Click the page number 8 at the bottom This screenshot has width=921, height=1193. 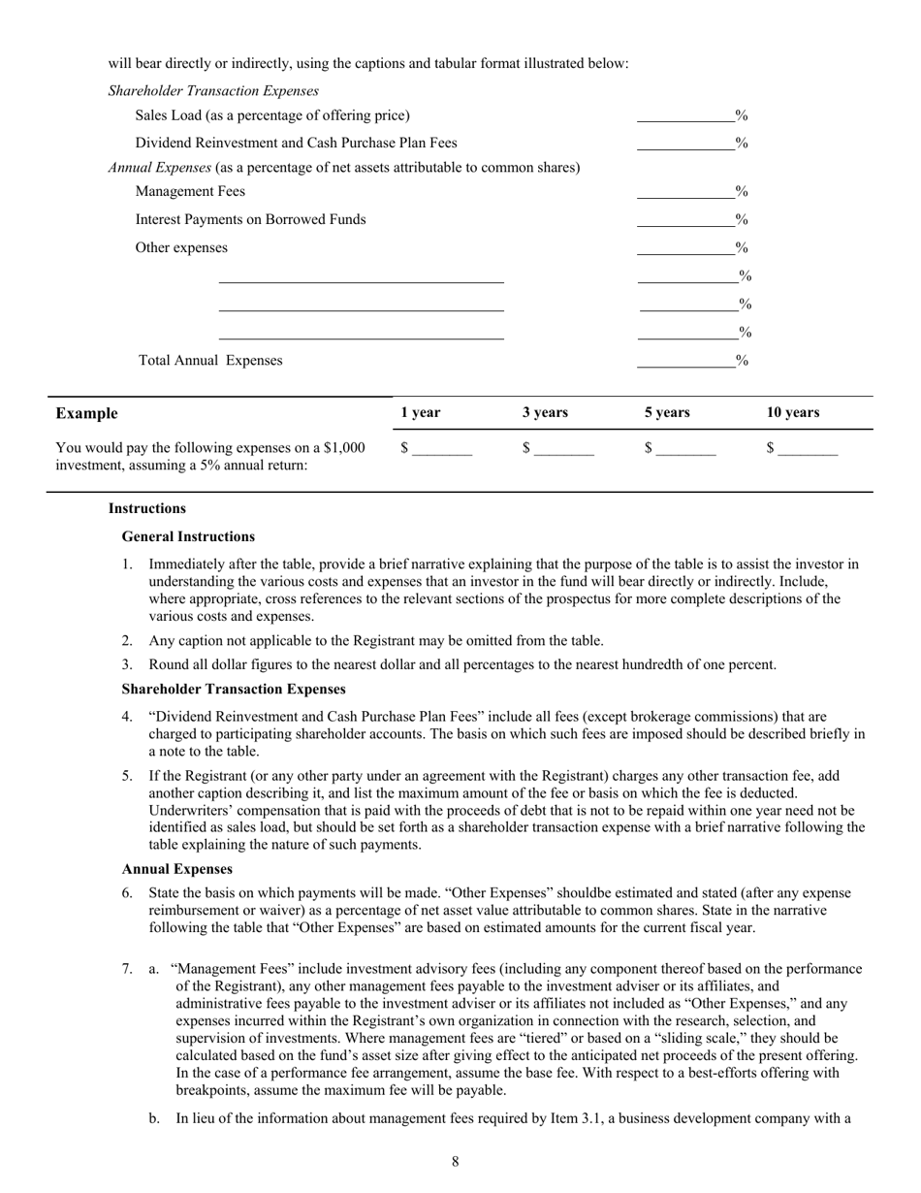tap(455, 1161)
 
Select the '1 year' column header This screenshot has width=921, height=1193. tap(420, 412)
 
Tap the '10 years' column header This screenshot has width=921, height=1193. tap(792, 412)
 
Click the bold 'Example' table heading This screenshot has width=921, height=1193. tap(86, 413)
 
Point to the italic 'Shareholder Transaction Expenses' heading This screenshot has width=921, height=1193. tap(213, 91)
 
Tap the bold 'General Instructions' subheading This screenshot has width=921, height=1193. tap(188, 536)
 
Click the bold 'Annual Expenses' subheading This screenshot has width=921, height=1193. tap(176, 869)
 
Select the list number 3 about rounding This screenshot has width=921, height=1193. tap(127, 665)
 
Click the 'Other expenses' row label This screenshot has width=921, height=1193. tap(181, 247)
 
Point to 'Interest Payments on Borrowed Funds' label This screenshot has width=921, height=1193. tap(250, 219)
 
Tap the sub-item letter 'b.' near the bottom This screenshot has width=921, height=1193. tap(154, 1118)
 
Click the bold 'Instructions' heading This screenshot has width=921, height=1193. tap(146, 508)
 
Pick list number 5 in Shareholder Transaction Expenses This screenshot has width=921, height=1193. tap(127, 776)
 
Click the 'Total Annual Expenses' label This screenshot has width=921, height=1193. tap(210, 361)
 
